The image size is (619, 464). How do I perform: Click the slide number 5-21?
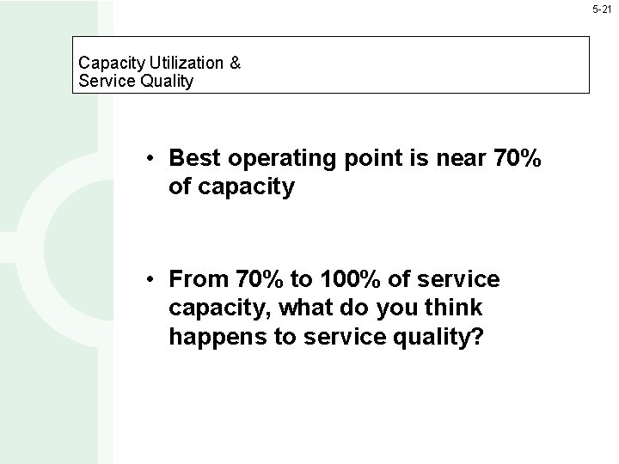pos(602,9)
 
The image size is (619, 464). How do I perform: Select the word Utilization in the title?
pos(184,63)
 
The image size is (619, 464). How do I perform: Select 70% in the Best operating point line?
pos(515,158)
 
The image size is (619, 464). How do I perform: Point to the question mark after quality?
pos(478,337)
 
